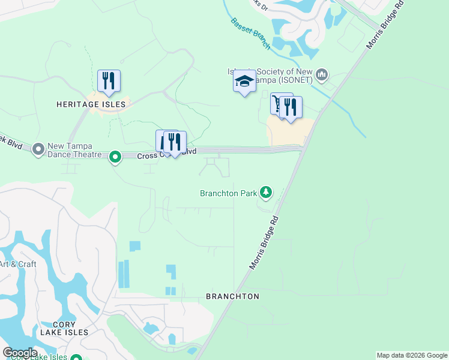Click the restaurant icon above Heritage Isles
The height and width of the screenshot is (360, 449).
click(x=109, y=81)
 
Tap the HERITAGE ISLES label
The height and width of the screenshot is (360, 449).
click(x=91, y=104)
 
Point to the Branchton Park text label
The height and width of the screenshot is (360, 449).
click(x=228, y=193)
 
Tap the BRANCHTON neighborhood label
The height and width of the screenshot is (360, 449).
click(x=232, y=296)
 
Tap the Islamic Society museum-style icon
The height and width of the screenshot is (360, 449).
click(x=322, y=74)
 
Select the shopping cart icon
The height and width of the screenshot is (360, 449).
click(x=277, y=104)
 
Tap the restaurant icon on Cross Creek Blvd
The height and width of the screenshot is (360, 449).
click(x=175, y=142)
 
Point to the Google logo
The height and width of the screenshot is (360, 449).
click(x=20, y=353)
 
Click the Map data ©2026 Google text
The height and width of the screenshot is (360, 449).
click(x=412, y=355)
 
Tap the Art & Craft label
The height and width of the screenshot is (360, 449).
click(x=18, y=264)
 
